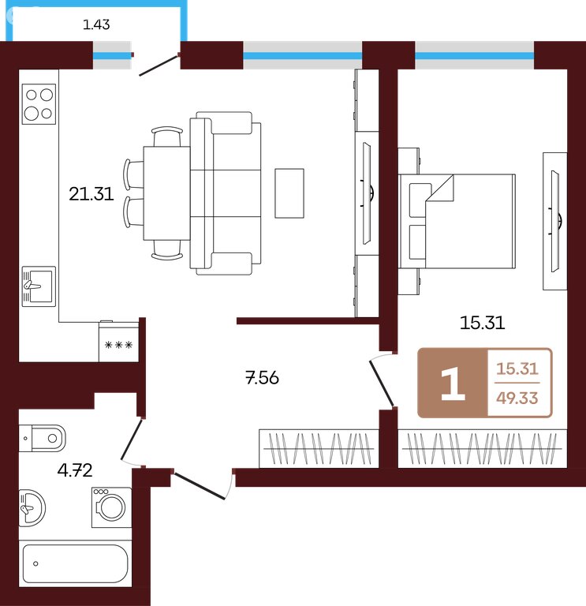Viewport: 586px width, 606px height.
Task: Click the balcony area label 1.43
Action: click(x=96, y=24)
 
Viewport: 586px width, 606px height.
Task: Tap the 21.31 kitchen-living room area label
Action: click(x=91, y=193)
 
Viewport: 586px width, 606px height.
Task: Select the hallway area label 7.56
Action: click(x=262, y=377)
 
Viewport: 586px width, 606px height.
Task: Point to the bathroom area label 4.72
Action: click(x=75, y=470)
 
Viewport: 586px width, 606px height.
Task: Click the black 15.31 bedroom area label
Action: click(x=482, y=322)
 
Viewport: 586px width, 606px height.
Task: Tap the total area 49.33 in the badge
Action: click(x=517, y=398)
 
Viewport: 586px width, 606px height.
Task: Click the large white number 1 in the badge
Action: click(x=453, y=383)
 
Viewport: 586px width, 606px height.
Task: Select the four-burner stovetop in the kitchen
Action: click(x=39, y=104)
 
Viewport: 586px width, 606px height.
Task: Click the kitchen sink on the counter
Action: click(x=39, y=286)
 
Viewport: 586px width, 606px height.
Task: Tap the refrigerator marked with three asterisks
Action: click(x=118, y=342)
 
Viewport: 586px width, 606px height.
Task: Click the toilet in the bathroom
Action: click(x=43, y=438)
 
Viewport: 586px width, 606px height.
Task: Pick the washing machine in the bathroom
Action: click(x=112, y=507)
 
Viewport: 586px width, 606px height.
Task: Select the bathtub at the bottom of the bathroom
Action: click(x=76, y=563)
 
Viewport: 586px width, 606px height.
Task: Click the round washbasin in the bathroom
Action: click(x=32, y=507)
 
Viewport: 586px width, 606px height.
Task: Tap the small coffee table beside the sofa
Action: click(x=289, y=193)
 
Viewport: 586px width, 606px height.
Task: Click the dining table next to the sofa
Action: click(x=166, y=193)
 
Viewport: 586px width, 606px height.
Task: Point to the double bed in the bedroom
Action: click(x=457, y=221)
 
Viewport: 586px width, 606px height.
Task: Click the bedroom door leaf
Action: click(x=382, y=383)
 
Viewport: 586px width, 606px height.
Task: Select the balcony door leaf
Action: click(x=159, y=65)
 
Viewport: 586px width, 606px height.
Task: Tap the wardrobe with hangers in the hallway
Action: click(x=319, y=448)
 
